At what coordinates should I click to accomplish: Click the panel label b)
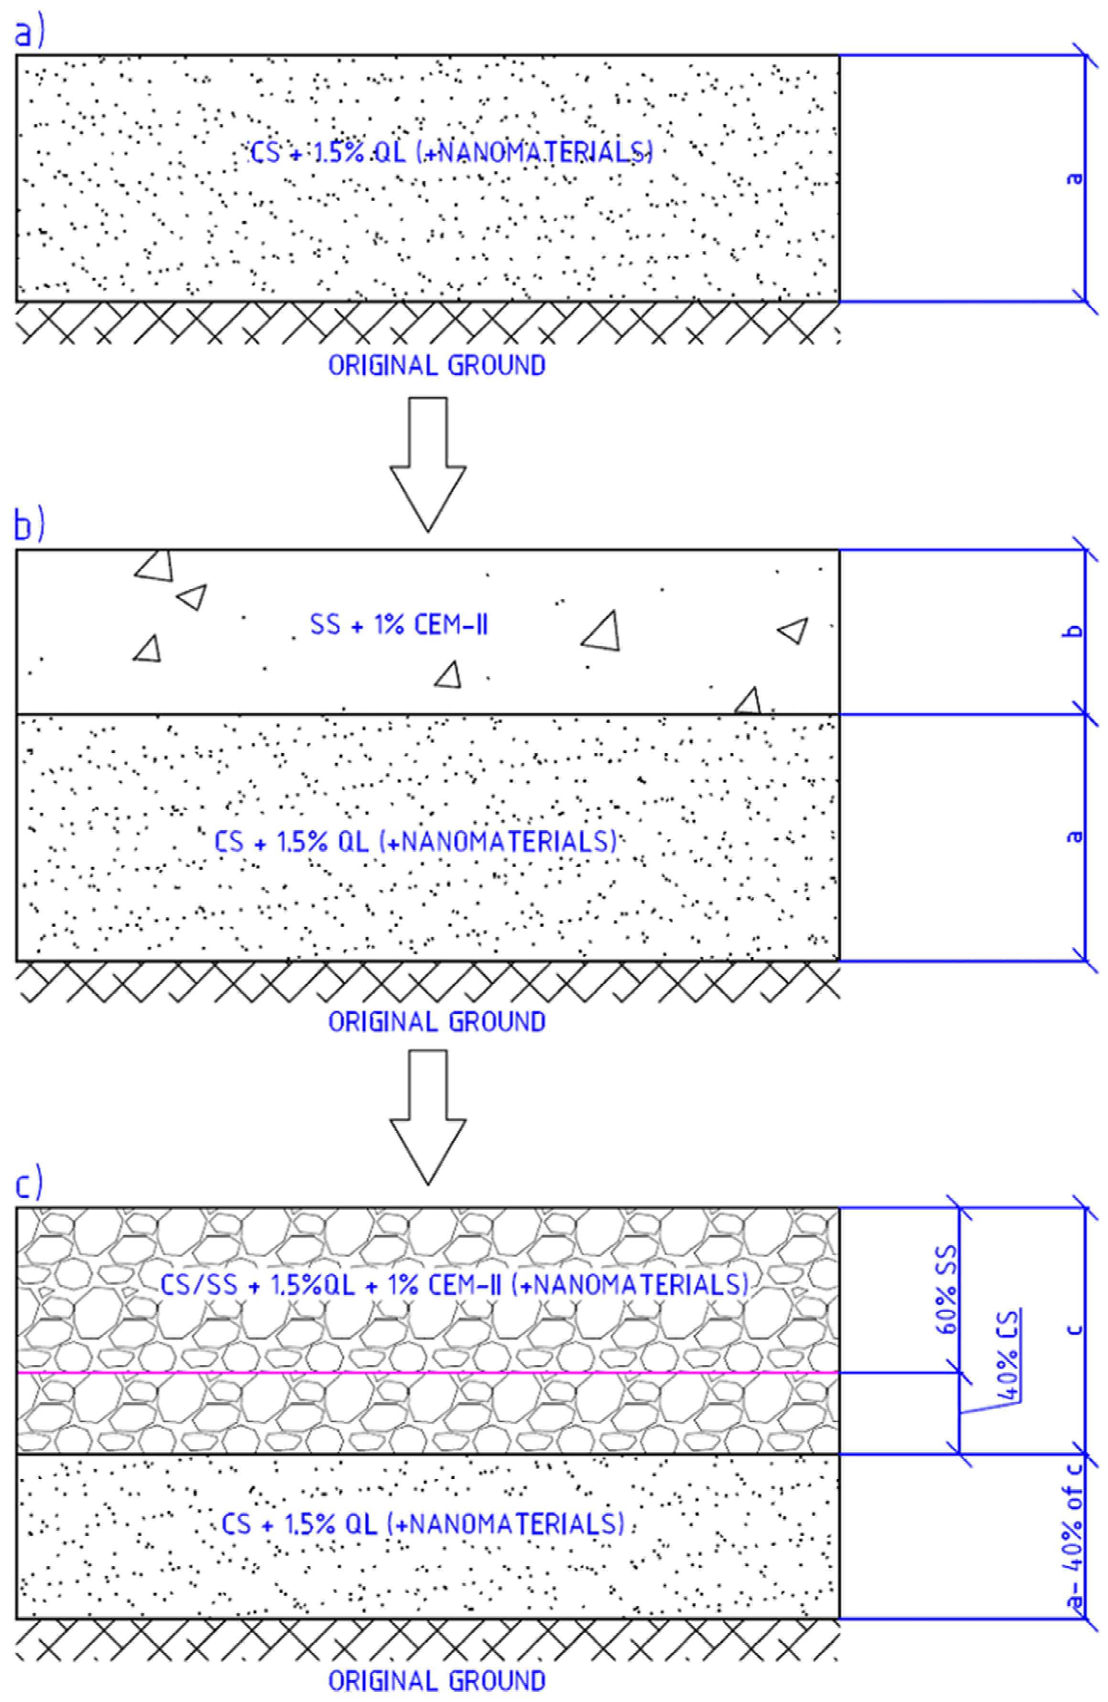29,526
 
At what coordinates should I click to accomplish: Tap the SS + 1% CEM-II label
399,625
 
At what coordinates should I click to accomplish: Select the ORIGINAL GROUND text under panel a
436,366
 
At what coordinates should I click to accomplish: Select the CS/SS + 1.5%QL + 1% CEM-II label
454,1285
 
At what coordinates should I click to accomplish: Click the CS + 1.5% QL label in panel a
451,152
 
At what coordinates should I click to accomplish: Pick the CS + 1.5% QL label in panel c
422,1524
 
